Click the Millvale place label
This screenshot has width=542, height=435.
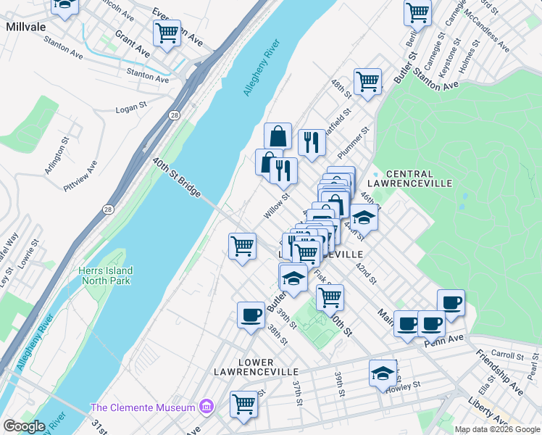27,25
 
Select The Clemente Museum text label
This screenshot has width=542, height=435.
144,407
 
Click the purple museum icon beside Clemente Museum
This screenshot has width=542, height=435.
208,407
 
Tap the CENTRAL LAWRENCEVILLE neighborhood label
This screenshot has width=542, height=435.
410,179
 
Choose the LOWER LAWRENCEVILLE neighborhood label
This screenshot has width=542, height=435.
244,367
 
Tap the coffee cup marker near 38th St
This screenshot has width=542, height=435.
251,315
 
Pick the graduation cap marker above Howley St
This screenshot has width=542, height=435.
383,373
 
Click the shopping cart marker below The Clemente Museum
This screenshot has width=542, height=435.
244,404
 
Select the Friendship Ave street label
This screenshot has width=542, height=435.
500,373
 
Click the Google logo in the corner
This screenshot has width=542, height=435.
24,426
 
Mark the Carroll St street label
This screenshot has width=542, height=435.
506,356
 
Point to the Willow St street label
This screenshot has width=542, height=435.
277,206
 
